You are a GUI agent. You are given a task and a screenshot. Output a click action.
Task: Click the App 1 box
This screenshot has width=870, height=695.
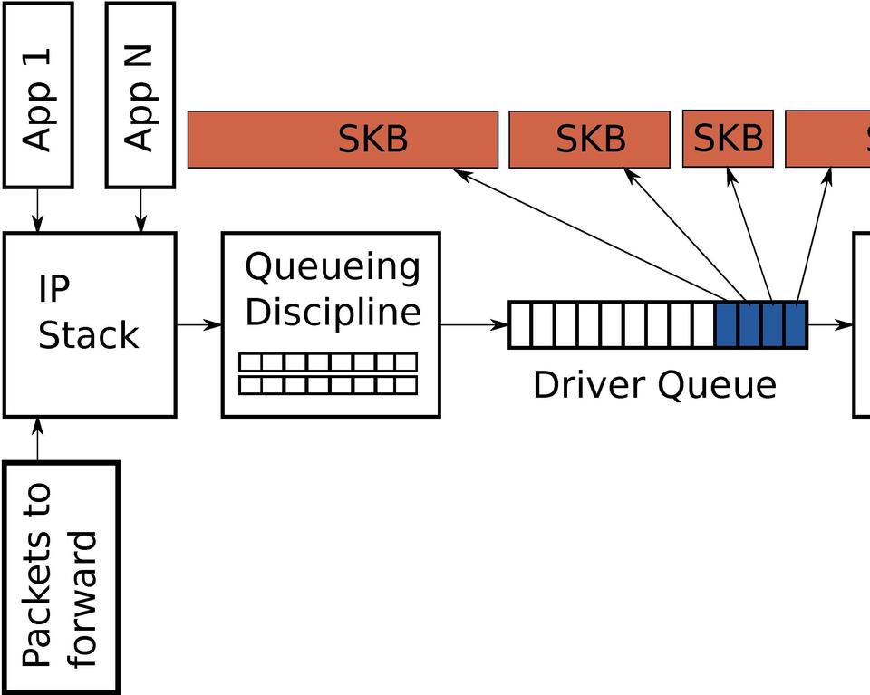click(38, 95)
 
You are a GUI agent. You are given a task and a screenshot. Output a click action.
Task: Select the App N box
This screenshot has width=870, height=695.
click(140, 95)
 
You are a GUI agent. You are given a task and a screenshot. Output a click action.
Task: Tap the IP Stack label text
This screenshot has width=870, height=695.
click(88, 313)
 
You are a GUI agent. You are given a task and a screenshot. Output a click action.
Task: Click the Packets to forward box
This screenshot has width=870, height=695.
click(61, 578)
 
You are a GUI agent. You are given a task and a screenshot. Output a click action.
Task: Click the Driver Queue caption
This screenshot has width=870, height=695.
click(654, 385)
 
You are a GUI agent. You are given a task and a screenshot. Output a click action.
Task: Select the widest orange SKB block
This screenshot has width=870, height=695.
click(343, 140)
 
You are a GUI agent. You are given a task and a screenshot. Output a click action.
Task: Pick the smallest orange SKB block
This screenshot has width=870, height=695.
click(728, 139)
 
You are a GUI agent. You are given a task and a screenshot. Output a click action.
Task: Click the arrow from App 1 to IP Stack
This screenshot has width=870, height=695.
click(38, 209)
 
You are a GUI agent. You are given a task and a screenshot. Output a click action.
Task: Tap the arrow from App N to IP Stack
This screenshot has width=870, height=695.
click(140, 209)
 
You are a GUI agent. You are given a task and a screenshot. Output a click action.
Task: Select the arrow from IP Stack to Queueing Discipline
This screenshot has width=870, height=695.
click(198, 324)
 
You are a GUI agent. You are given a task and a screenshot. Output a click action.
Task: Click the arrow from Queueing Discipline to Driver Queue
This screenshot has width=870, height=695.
click(474, 324)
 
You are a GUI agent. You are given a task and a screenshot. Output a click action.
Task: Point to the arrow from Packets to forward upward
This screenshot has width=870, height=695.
click(38, 440)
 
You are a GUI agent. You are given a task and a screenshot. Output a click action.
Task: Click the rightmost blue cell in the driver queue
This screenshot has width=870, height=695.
click(796, 325)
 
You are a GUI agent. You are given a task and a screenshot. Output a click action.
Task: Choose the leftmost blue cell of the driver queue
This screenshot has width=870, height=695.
click(727, 325)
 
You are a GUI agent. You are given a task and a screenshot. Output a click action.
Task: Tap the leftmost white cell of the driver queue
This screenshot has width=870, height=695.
click(520, 325)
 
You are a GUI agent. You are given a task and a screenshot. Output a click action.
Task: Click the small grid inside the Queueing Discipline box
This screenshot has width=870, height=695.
click(328, 374)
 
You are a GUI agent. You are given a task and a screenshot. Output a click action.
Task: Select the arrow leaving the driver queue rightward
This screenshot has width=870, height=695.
click(829, 324)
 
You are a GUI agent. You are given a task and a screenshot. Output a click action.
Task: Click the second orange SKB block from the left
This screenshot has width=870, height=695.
click(589, 140)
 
